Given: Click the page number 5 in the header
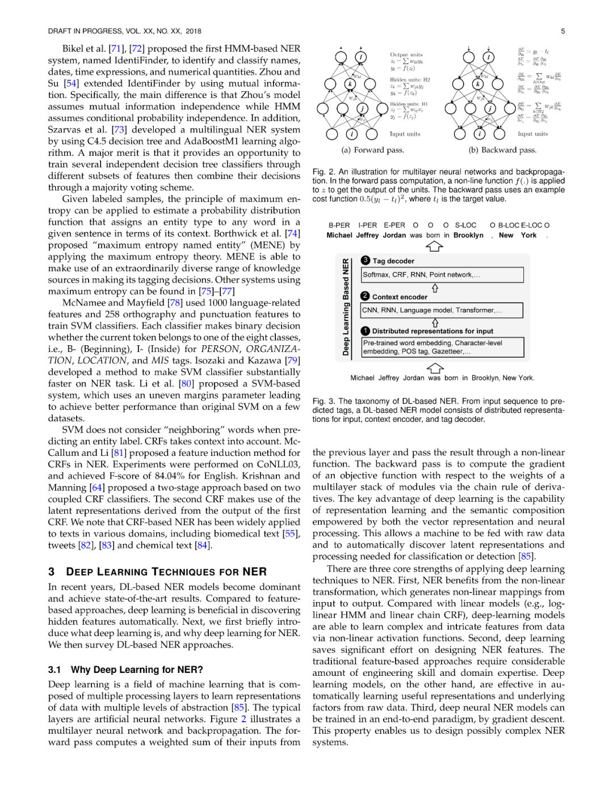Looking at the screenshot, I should (x=562, y=31).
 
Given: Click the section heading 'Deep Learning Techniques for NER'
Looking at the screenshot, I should (x=166, y=571).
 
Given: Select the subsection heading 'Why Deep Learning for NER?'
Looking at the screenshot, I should (x=137, y=670).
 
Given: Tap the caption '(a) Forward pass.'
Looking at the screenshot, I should (x=372, y=150).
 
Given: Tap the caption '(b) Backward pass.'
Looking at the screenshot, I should (x=502, y=150).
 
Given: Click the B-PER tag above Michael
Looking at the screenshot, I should (x=339, y=225).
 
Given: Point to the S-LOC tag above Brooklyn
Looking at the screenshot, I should (x=465, y=225).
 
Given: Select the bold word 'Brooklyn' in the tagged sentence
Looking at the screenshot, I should (x=468, y=235).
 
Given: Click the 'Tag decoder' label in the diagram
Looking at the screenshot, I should (x=393, y=261).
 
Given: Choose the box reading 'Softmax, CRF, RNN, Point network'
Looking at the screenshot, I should (x=442, y=275).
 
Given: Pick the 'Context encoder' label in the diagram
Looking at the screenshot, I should (x=400, y=297).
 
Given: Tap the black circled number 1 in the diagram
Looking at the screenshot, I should (x=366, y=331).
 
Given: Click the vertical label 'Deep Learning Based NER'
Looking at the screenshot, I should (x=346, y=307).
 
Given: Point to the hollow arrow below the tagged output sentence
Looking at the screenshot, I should (x=434, y=247).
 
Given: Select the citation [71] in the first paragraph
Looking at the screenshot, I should (x=116, y=49).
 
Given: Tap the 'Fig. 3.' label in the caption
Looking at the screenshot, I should (x=322, y=401).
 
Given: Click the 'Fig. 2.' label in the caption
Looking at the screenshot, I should (x=322, y=172).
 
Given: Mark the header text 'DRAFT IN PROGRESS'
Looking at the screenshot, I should (x=85, y=31).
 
